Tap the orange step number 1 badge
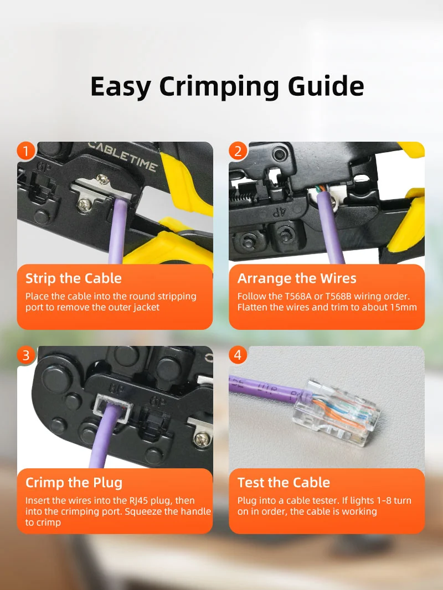(26, 151)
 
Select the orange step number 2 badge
(238, 151)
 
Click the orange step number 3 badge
(26, 355)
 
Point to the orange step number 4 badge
(238, 355)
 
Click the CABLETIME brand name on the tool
(123, 156)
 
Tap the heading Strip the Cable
(74, 278)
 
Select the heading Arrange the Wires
(297, 278)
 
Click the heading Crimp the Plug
(74, 483)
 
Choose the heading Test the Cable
(284, 483)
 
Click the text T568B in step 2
(338, 297)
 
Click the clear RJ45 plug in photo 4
(336, 412)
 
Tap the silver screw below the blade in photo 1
(84, 204)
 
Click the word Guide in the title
(326, 86)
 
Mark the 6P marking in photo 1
(43, 167)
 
